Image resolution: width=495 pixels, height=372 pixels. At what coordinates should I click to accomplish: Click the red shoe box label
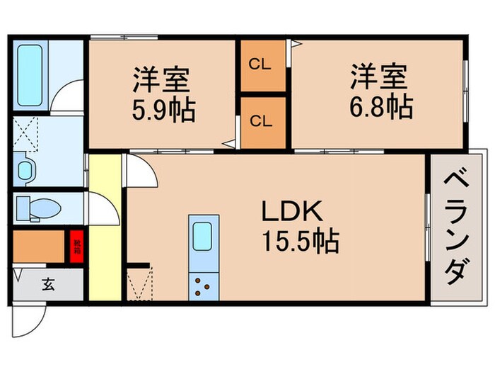(x=76, y=245)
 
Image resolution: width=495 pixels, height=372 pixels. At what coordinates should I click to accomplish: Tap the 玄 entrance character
(x=47, y=285)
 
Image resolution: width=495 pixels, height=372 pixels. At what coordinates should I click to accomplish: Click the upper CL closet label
(x=261, y=64)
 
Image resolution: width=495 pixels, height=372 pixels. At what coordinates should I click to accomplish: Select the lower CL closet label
(x=261, y=121)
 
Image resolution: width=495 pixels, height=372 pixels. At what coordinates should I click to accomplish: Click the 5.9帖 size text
(x=163, y=111)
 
